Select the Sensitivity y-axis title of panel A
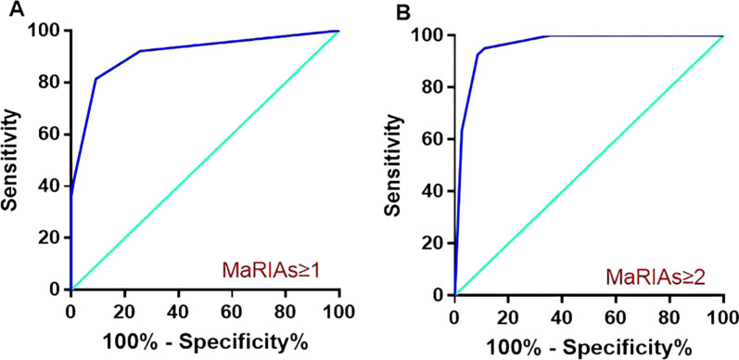coord(12,158)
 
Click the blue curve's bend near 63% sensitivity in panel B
coord(462,133)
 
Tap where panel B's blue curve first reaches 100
coord(547,36)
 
